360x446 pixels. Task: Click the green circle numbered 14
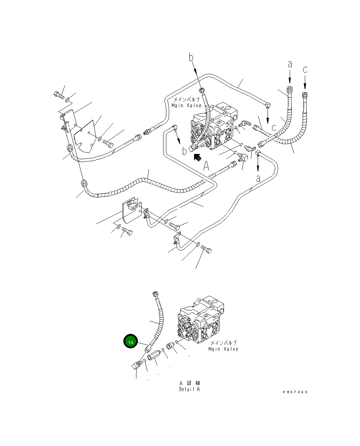coord(130,341)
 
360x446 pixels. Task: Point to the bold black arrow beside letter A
coord(198,157)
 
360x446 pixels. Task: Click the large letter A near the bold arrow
coord(206,166)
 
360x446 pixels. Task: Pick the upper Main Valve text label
coord(186,105)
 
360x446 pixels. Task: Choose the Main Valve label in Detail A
coord(223,349)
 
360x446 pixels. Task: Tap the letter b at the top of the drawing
coord(191,57)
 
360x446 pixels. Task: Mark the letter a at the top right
coord(290,64)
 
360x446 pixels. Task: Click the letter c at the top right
coord(305,70)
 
